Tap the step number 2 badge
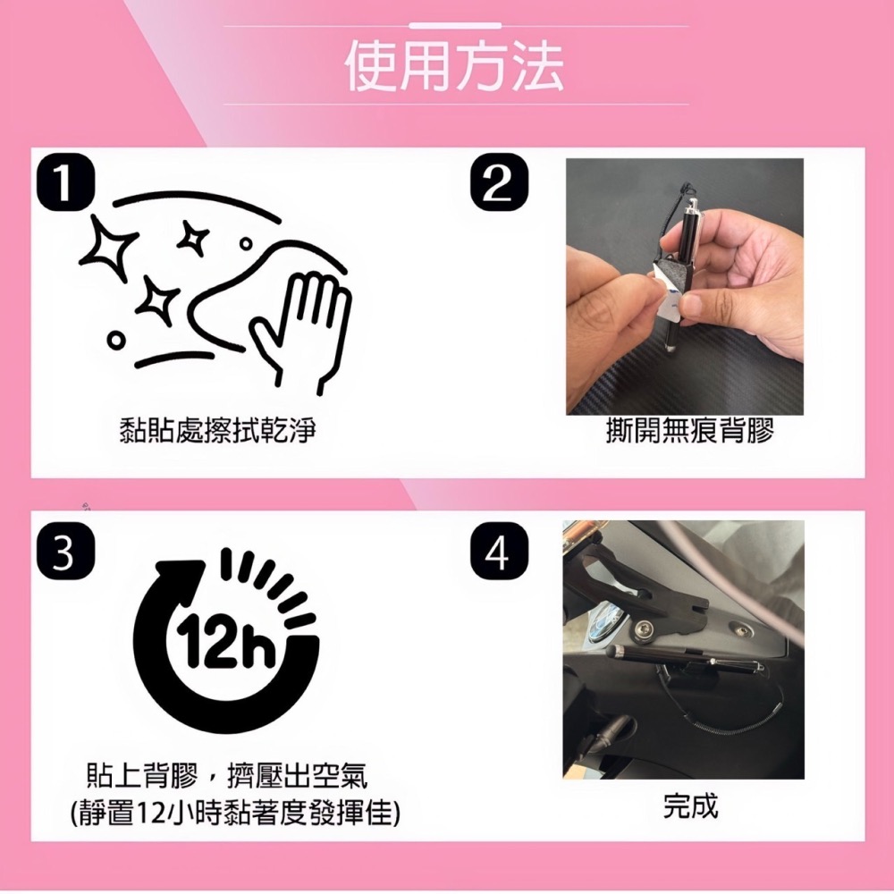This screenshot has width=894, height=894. (497, 184)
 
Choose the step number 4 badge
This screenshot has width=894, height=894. (497, 554)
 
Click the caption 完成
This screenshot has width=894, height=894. (690, 805)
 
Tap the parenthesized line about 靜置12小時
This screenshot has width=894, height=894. (234, 813)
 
